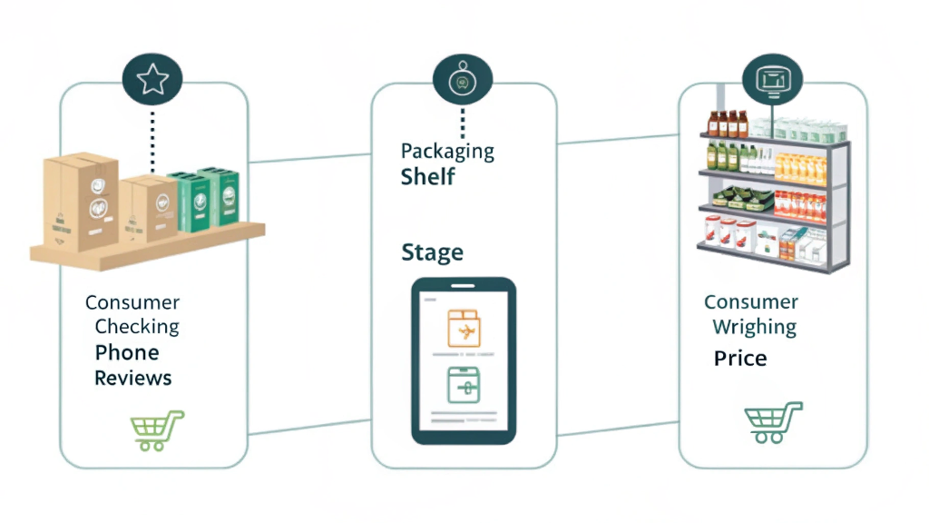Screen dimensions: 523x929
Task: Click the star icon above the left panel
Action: [152, 80]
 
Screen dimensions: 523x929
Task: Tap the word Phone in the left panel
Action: [127, 352]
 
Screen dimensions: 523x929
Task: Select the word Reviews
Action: [132, 378]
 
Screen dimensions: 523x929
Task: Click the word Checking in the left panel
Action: [137, 327]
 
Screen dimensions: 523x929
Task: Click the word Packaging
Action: [447, 151]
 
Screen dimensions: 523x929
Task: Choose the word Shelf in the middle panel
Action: [427, 176]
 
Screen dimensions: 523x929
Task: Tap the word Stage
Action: [432, 252]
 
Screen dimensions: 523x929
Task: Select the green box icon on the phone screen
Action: [464, 386]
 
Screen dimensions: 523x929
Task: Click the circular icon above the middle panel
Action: [463, 81]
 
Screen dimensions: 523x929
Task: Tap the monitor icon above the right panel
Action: [772, 80]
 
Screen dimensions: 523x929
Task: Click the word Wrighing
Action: [754, 327]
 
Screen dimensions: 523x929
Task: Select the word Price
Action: [739, 359]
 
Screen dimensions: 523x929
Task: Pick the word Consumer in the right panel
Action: [751, 302]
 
